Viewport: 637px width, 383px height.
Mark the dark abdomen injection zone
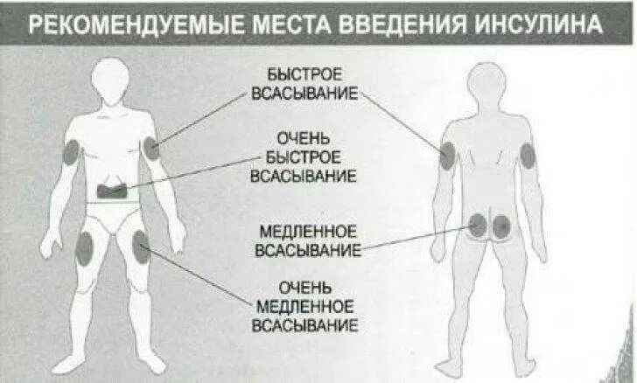click(114, 187)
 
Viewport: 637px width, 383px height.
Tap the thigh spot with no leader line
click(85, 249)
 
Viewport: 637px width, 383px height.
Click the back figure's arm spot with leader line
click(447, 157)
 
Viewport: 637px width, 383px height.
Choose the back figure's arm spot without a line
click(527, 155)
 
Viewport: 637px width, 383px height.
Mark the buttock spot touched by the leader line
click(478, 226)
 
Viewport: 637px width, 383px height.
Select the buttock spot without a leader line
click(501, 226)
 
